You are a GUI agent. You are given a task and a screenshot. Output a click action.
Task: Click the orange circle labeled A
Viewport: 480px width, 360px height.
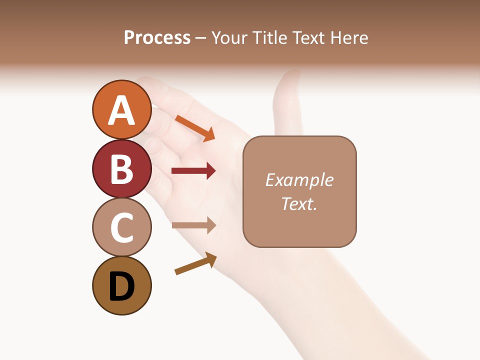pos(121,109)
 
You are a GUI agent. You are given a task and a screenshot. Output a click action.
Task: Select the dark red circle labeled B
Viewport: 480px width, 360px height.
pos(121,168)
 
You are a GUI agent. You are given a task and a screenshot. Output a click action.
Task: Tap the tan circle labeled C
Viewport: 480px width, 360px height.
pos(121,227)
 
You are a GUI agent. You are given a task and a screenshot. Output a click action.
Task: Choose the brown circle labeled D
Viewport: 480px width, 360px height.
pos(121,285)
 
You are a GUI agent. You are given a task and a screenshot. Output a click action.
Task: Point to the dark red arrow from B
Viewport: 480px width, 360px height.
pos(193,171)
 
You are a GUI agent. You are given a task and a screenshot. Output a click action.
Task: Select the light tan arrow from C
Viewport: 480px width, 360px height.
pos(193,225)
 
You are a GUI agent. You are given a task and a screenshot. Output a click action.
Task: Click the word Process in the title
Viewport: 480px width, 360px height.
pos(157,38)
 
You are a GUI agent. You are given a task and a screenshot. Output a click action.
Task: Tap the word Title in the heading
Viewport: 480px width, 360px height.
pos(270,38)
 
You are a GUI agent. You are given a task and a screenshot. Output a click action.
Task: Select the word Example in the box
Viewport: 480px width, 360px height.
pos(299,180)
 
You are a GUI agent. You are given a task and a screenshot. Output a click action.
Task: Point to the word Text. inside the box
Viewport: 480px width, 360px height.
pos(299,203)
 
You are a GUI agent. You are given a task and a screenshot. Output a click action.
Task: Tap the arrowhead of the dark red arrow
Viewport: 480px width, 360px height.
pos(210,171)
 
